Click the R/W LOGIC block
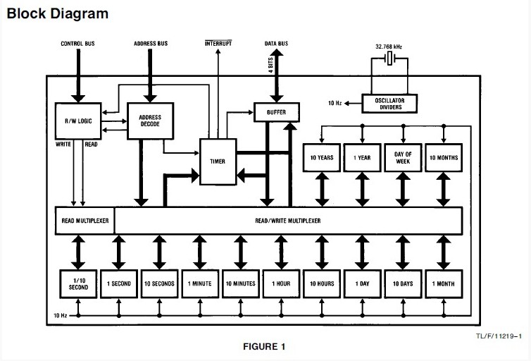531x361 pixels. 78,121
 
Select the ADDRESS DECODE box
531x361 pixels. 151,121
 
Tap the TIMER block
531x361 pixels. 218,161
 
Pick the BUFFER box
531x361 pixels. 276,112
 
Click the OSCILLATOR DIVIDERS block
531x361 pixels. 389,104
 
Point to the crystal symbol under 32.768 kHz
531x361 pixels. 389,59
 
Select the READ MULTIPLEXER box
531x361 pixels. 85,221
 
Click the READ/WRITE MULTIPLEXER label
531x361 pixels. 288,221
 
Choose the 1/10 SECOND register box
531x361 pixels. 78,284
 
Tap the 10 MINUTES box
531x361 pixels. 241,284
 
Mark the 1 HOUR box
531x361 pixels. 281,284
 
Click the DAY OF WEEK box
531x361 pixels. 403,158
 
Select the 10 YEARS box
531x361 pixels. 322,158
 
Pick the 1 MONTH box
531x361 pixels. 444,284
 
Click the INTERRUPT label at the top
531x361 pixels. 218,44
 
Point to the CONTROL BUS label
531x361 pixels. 77,44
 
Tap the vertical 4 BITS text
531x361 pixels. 270,65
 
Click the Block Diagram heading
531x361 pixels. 58,13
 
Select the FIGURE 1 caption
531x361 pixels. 264,346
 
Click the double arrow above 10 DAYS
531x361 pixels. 403,252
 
